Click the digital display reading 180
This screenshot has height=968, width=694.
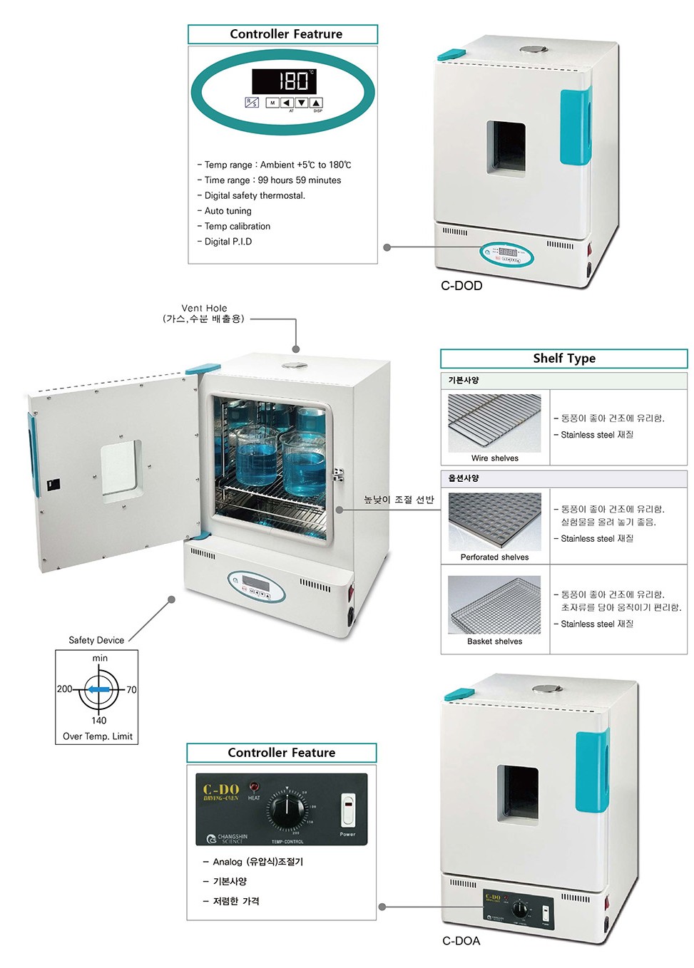[x=283, y=81]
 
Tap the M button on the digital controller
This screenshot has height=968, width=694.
[x=272, y=103]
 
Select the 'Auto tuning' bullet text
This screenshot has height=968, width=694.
[x=228, y=211]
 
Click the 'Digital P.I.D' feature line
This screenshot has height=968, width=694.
[x=228, y=242]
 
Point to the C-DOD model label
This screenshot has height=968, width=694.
[x=461, y=286]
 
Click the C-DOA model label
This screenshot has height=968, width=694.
[x=461, y=941]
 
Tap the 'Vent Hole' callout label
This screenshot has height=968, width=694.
[x=204, y=309]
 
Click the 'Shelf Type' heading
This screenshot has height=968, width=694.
[x=563, y=359]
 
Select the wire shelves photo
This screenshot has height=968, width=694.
[x=494, y=423]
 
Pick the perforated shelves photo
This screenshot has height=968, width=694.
[x=494, y=521]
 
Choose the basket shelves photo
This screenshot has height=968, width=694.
[x=494, y=605]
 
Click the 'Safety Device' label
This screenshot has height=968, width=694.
[x=96, y=640]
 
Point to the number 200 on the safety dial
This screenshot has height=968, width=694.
[x=64, y=689]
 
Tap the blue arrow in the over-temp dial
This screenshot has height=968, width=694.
[x=98, y=689]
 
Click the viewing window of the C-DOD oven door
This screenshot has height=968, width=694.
[x=506, y=148]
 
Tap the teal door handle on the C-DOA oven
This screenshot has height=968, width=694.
[x=591, y=771]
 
